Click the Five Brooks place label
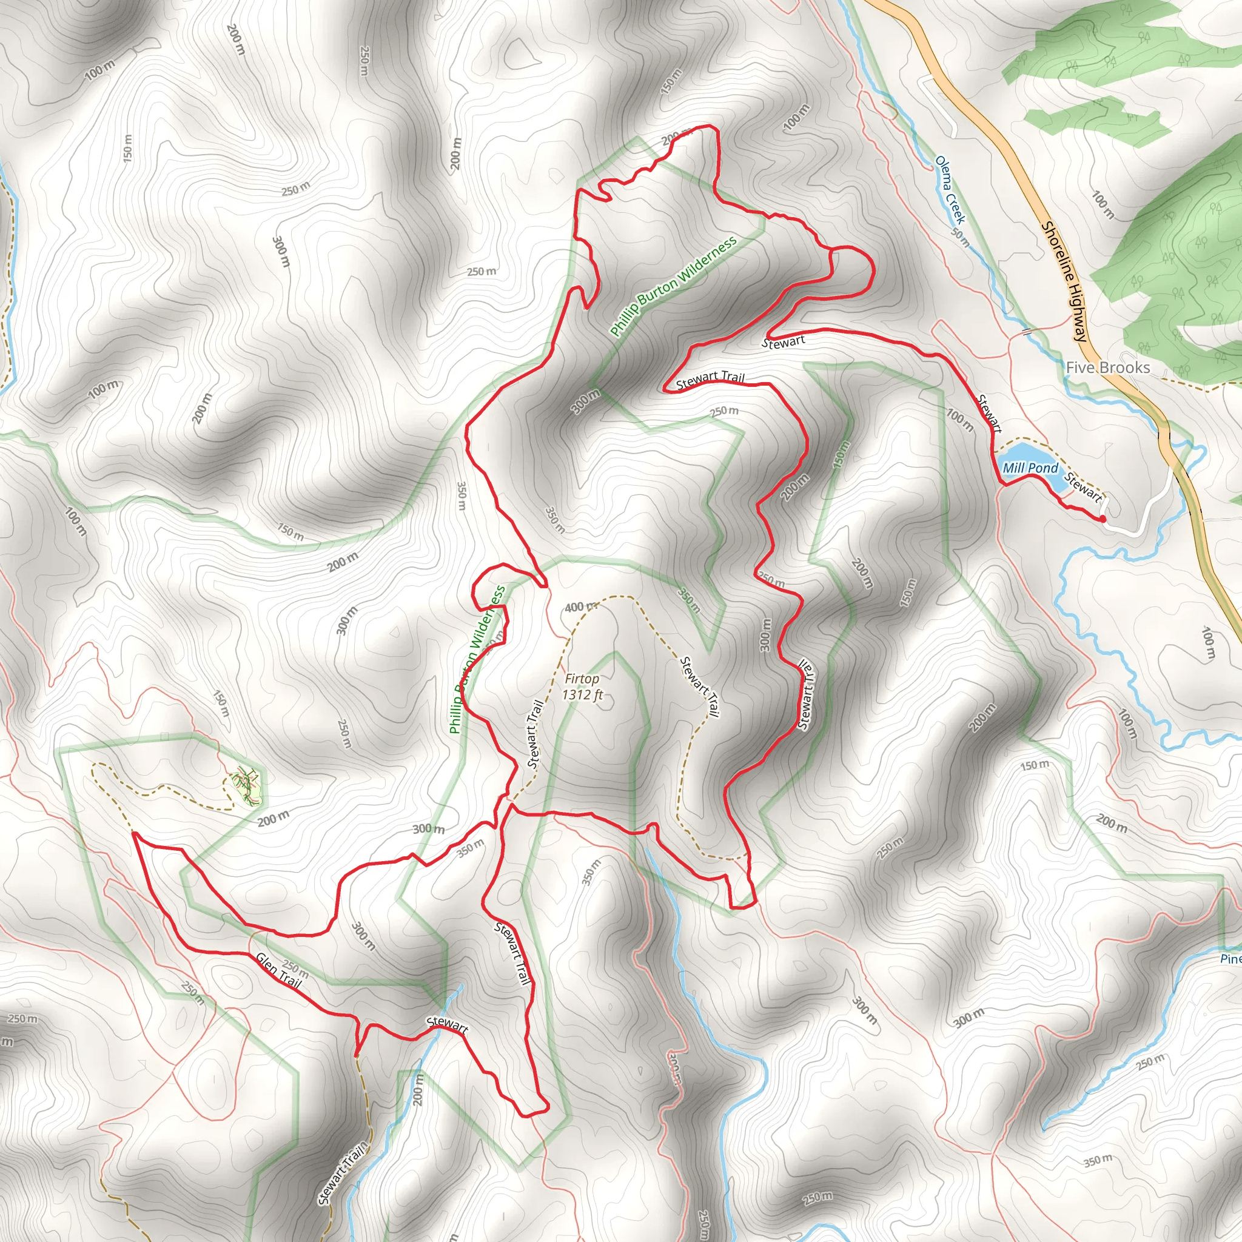1107,368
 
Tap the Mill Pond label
1030,468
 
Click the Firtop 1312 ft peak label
582,686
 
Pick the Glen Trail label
278,970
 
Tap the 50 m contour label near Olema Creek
961,237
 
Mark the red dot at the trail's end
1103,518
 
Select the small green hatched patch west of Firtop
247,788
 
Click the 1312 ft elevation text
582,694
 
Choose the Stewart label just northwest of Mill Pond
989,413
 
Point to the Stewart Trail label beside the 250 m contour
710,380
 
